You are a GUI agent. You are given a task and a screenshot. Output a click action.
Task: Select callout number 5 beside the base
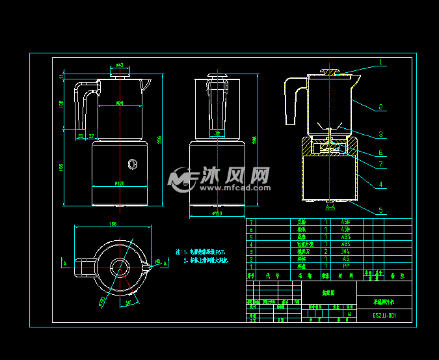381,210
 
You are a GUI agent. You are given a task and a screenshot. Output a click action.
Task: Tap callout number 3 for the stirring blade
381,134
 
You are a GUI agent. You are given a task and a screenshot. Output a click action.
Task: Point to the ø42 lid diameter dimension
120,66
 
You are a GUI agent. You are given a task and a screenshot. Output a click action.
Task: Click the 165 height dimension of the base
62,167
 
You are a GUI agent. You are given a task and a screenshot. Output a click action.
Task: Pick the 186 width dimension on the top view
113,224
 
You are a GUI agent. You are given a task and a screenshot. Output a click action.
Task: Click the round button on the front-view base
133,163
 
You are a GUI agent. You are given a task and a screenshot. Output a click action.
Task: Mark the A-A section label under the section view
330,207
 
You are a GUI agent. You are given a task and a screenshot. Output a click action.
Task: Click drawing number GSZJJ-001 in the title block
384,316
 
